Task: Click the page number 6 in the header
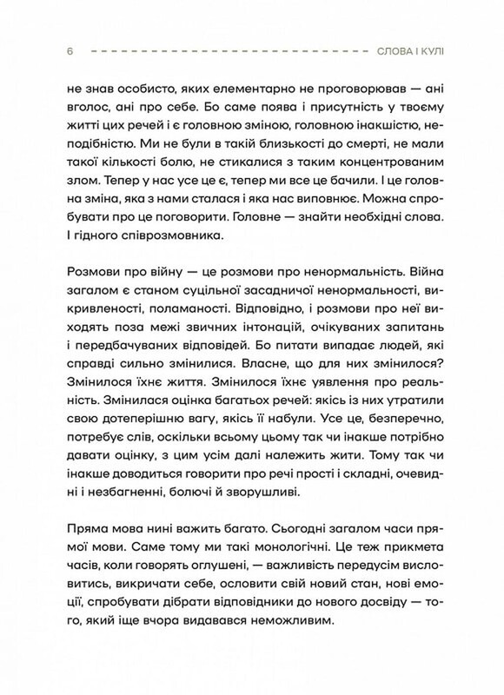click(x=68, y=52)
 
